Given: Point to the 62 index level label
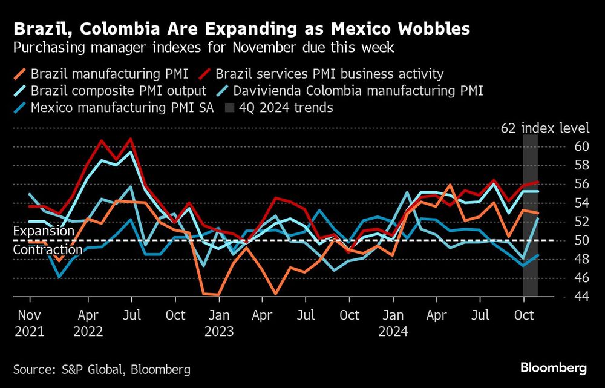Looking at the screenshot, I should click(544, 128).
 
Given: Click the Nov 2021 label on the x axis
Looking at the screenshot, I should click(30, 323).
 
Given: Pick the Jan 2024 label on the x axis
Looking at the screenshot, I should click(393, 323).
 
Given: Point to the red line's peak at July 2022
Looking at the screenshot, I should click(130, 139).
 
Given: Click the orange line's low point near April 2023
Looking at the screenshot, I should click(275, 294).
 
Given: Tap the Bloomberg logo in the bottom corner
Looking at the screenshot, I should click(553, 367).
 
